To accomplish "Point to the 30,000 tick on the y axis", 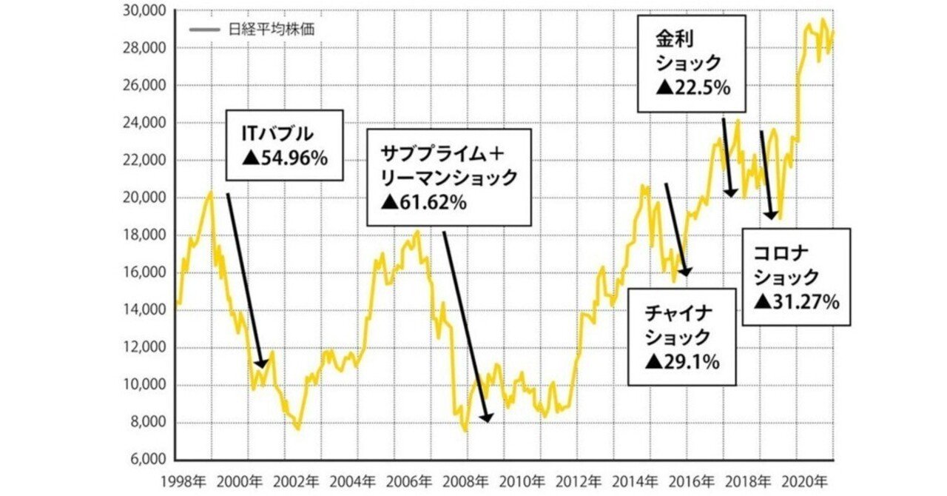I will pyautogui.click(x=149, y=11).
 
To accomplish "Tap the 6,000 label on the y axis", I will pyautogui.click(x=152, y=460).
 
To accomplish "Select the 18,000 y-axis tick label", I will pyautogui.click(x=149, y=235).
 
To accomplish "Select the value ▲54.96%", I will pyautogui.click(x=283, y=158).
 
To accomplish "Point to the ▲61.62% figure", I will pyautogui.click(x=424, y=201).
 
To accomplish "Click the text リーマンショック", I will pyautogui.click(x=448, y=178).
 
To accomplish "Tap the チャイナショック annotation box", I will pyautogui.click(x=681, y=337).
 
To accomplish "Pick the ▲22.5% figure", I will pyautogui.click(x=693, y=87).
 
